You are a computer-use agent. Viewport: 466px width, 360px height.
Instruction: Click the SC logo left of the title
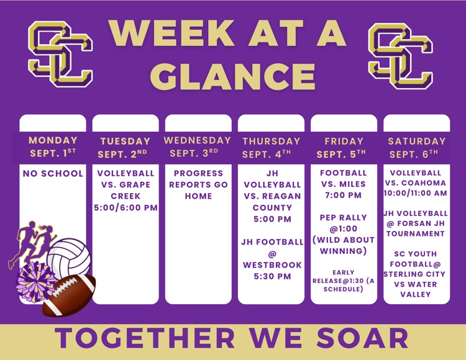60,54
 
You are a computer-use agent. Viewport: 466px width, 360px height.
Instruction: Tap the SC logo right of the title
401,56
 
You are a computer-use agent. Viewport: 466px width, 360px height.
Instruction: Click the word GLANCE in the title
233,76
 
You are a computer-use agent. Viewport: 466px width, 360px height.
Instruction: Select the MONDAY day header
53,140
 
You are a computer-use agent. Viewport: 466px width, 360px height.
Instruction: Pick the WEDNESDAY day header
198,140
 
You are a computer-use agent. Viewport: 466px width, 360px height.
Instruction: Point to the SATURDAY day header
417,141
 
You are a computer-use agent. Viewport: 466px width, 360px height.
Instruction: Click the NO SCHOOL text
53,173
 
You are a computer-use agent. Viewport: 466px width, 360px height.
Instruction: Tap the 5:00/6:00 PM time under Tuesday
126,207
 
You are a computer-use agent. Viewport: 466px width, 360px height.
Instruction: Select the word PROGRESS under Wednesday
198,173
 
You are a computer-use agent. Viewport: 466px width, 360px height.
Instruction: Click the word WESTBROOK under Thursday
272,265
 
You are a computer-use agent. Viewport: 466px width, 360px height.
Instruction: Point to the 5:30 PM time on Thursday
272,276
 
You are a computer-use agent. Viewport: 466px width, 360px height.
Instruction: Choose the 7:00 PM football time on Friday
343,196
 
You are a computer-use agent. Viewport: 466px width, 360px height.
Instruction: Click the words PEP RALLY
343,217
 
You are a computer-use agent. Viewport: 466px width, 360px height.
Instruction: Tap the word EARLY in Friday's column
343,272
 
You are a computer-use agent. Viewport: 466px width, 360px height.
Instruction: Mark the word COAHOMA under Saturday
426,183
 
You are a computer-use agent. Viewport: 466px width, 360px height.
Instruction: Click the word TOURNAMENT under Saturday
416,233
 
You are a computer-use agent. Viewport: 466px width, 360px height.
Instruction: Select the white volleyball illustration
69,258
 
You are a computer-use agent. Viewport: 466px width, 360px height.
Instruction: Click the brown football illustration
69,295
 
